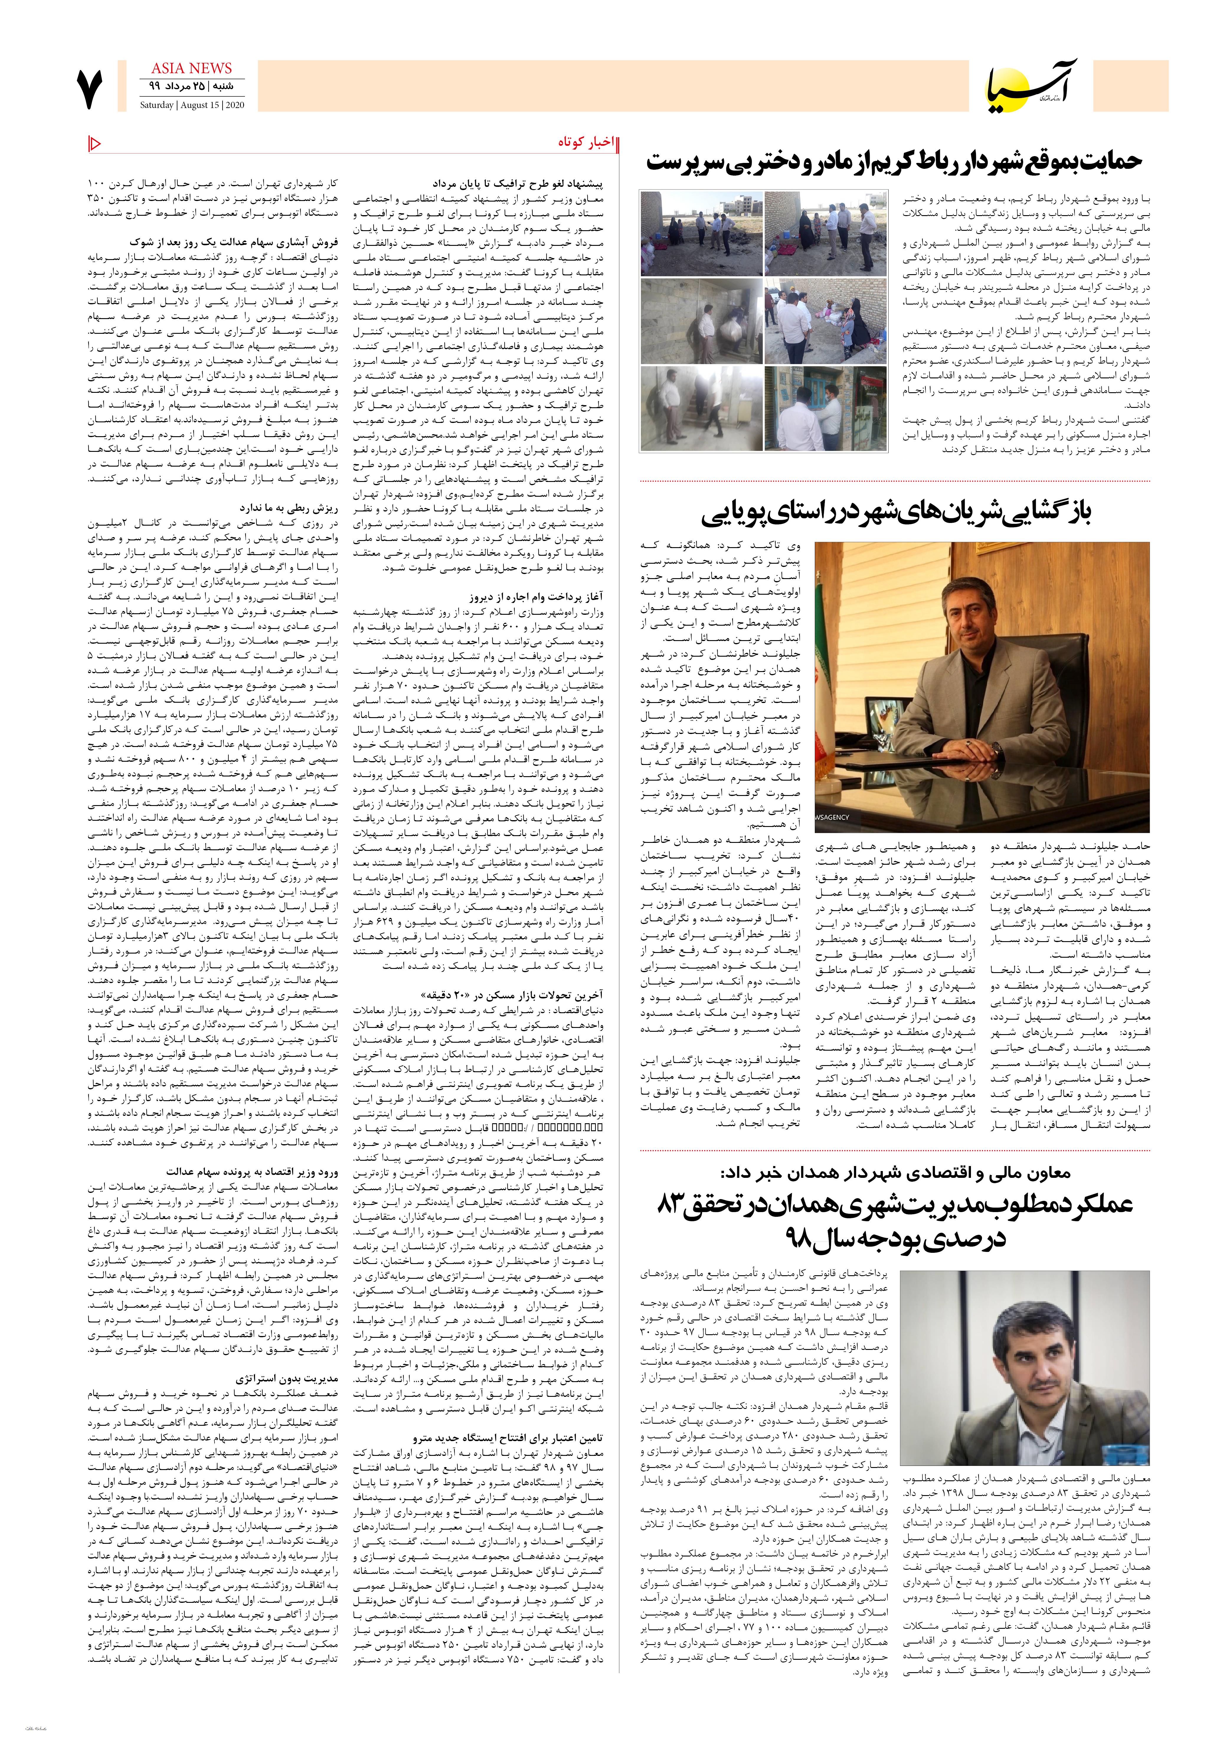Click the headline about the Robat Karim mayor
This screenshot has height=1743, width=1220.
894,162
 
